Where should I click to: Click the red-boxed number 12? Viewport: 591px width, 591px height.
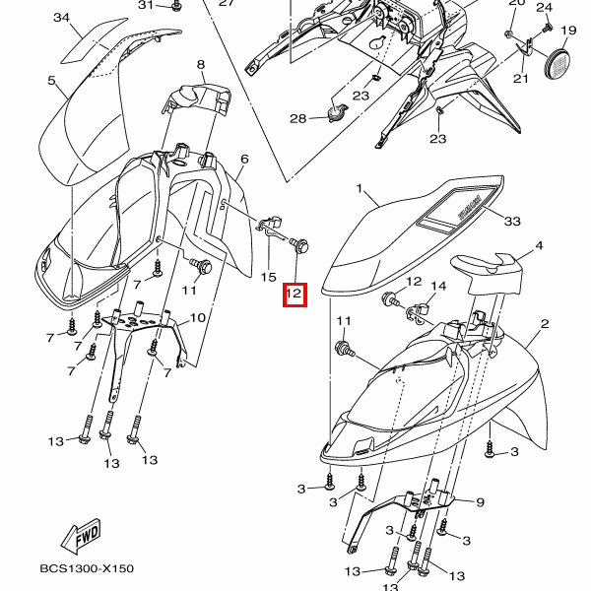(x=295, y=294)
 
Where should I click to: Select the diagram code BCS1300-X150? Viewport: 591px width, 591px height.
(x=87, y=568)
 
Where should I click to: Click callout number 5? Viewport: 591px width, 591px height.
(x=51, y=81)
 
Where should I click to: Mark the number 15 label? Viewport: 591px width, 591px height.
(x=268, y=278)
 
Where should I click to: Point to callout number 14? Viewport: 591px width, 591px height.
(x=438, y=286)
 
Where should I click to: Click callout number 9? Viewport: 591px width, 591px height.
(x=480, y=502)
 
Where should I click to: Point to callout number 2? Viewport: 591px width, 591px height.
(x=543, y=323)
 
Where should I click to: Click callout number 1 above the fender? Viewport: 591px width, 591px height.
(x=361, y=188)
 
